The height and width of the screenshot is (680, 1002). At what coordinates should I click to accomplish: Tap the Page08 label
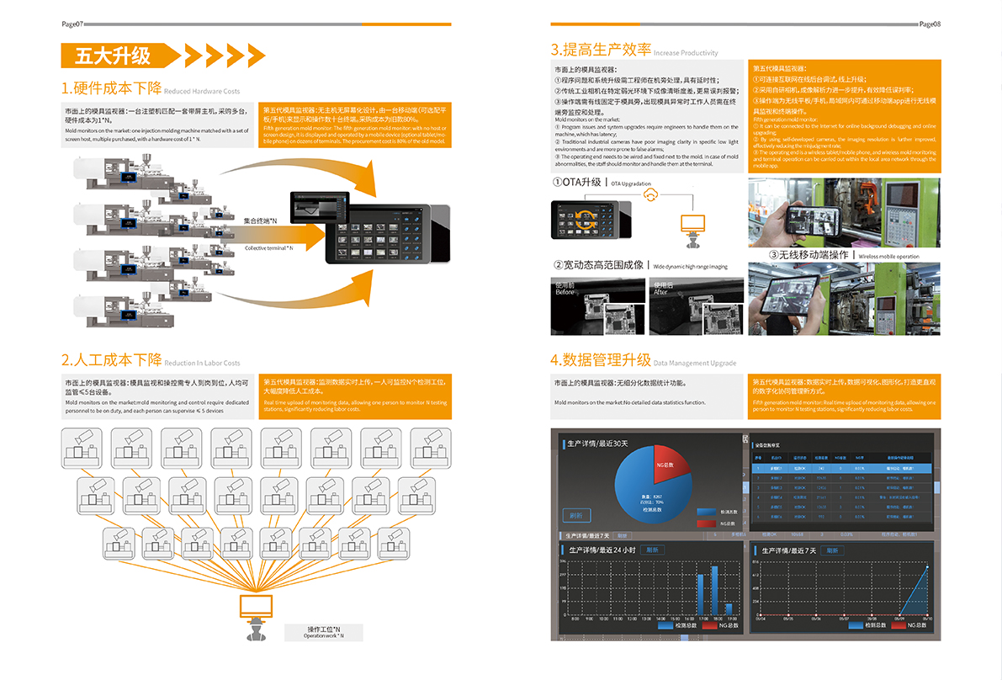(x=930, y=24)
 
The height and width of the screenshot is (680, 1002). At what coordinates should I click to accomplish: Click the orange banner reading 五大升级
(x=114, y=56)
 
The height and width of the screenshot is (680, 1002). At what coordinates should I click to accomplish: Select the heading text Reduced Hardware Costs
(x=202, y=91)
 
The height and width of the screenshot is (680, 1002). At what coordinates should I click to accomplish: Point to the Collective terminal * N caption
(x=269, y=248)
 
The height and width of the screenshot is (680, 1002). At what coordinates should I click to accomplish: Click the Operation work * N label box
(x=323, y=632)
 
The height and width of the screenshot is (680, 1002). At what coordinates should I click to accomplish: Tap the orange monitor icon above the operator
(x=257, y=607)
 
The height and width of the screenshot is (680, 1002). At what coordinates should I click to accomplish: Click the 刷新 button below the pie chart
(x=576, y=515)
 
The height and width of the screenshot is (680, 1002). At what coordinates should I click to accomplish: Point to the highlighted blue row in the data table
(x=842, y=468)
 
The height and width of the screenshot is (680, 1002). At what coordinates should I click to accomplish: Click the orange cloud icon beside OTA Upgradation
(x=649, y=194)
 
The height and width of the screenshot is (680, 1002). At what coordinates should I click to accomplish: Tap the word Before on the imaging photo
(x=565, y=292)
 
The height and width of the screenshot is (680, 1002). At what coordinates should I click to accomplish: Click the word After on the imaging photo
(x=661, y=292)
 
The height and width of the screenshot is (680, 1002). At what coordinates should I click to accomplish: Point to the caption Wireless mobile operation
(x=888, y=256)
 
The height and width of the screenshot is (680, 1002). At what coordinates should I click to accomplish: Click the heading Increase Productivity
(x=686, y=53)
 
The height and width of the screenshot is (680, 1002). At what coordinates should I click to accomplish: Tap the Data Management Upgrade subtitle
(x=695, y=364)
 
